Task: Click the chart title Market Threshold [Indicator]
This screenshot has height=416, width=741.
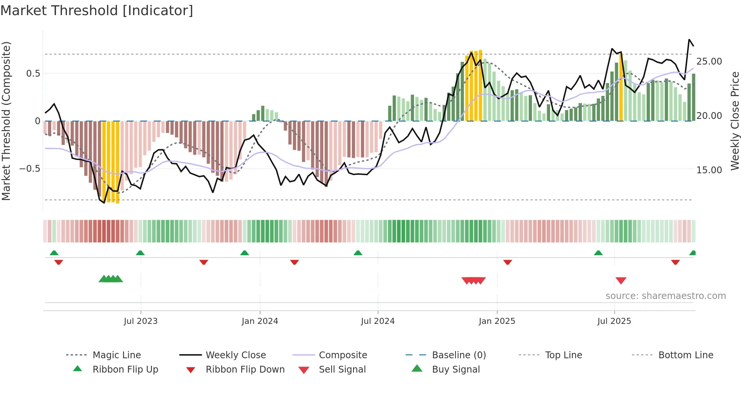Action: pos(97,11)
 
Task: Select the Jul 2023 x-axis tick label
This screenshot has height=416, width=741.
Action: pos(140,321)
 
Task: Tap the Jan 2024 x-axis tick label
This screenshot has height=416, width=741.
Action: pos(260,321)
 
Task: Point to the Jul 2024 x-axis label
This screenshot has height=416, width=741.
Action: pos(378,321)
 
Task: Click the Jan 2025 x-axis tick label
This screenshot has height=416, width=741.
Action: pos(497,321)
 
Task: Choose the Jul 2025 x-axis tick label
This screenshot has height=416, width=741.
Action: pos(614,321)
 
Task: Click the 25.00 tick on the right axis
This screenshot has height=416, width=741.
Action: pos(709,62)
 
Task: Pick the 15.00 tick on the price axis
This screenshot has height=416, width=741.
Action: pos(709,170)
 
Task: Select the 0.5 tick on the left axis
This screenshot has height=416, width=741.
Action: pos(33,74)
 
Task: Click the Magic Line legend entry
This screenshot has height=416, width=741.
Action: pos(116,355)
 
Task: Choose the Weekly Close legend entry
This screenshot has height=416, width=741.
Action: pos(236,355)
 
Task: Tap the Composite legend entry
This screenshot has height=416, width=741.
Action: pos(343,355)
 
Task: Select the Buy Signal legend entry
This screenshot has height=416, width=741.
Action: pos(456,370)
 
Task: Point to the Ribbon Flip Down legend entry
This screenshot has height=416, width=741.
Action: pos(245,370)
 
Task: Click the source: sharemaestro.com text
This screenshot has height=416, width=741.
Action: pos(665,296)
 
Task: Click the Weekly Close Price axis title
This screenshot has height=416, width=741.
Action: pos(735,121)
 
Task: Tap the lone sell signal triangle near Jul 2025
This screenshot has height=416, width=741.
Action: pos(621,280)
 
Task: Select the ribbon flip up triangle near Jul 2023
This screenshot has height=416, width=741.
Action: pos(140,253)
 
